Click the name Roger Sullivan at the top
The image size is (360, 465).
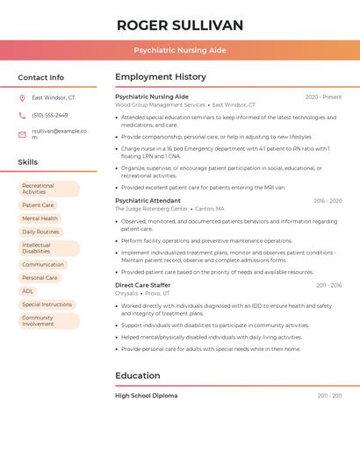(180, 25)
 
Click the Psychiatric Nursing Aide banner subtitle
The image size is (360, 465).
(180, 50)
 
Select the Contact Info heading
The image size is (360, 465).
(41, 77)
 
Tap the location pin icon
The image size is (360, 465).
(22, 98)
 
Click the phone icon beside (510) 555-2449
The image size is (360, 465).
(22, 116)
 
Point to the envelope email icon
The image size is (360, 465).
(22, 134)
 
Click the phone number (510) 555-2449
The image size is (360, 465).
(50, 116)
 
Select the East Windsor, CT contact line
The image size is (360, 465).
(54, 98)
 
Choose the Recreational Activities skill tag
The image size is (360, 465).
(49, 189)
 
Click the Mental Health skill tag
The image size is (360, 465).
(40, 218)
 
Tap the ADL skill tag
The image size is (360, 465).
(28, 291)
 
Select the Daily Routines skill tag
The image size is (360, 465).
(41, 232)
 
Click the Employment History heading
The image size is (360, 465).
(161, 77)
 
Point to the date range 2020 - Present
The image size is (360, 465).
(323, 97)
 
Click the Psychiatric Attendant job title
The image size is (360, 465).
(148, 201)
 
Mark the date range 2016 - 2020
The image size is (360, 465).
(328, 201)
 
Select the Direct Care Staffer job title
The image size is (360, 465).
(143, 285)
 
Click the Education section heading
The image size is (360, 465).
(138, 376)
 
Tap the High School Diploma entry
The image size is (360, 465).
(146, 396)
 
